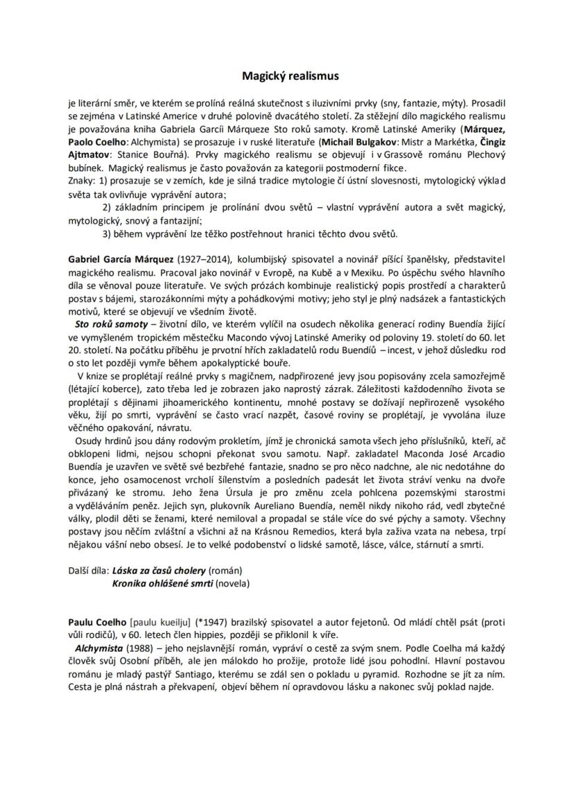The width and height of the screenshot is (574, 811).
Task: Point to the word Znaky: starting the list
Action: [82, 181]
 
